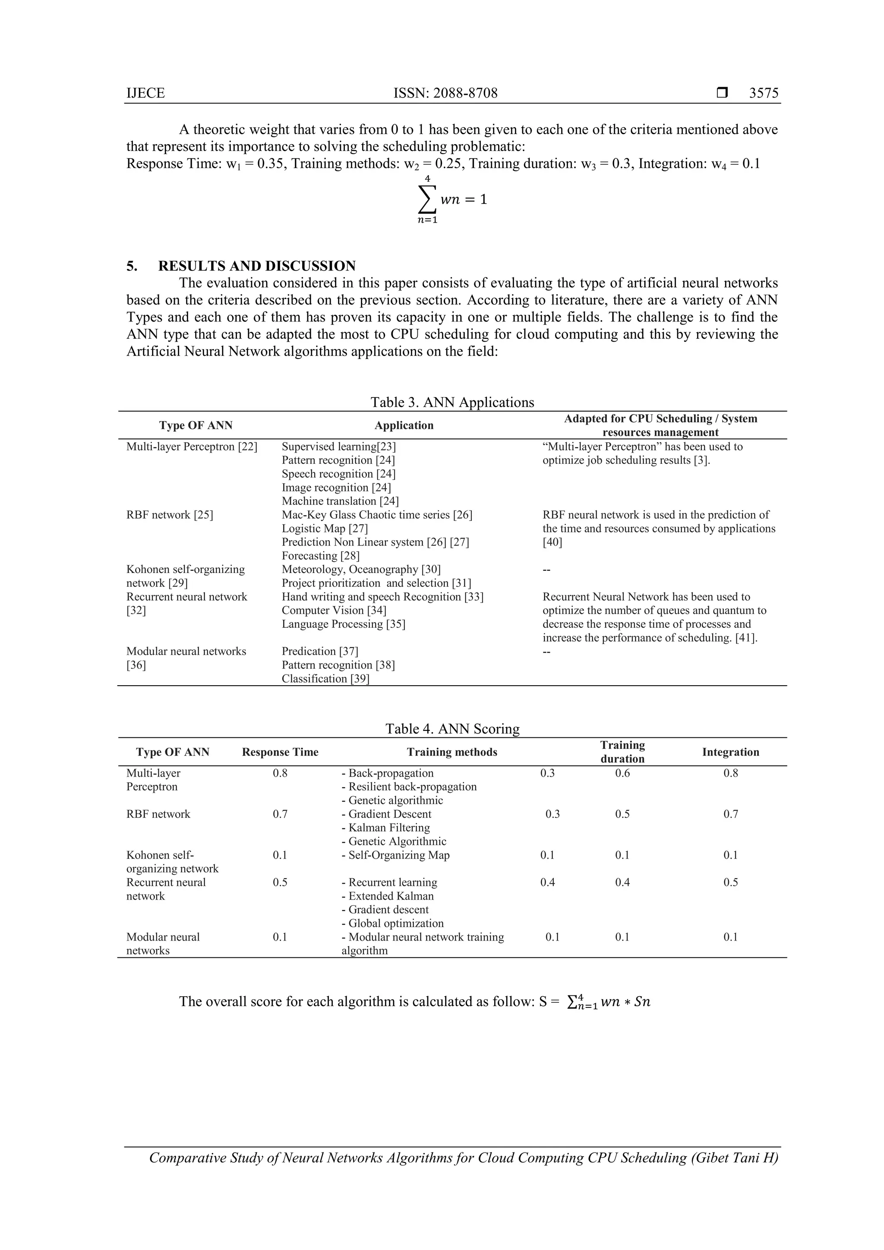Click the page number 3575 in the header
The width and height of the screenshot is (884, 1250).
point(763,93)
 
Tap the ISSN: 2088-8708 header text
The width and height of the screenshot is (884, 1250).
point(445,93)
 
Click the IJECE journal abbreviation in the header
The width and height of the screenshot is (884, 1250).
point(145,93)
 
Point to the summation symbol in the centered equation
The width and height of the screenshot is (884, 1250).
point(427,199)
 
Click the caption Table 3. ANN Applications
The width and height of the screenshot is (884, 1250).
point(452,402)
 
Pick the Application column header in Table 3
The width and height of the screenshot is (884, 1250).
point(404,425)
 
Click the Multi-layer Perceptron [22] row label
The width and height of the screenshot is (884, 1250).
point(192,447)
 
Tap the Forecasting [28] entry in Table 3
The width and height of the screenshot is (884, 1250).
point(320,556)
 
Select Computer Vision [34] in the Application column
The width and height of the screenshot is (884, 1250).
point(334,610)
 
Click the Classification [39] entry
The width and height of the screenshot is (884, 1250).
point(325,678)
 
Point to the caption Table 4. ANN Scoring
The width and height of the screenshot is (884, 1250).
point(452,729)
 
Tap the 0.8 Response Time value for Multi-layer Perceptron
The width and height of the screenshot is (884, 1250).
point(280,773)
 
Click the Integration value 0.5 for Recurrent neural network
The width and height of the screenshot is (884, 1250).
point(730,882)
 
